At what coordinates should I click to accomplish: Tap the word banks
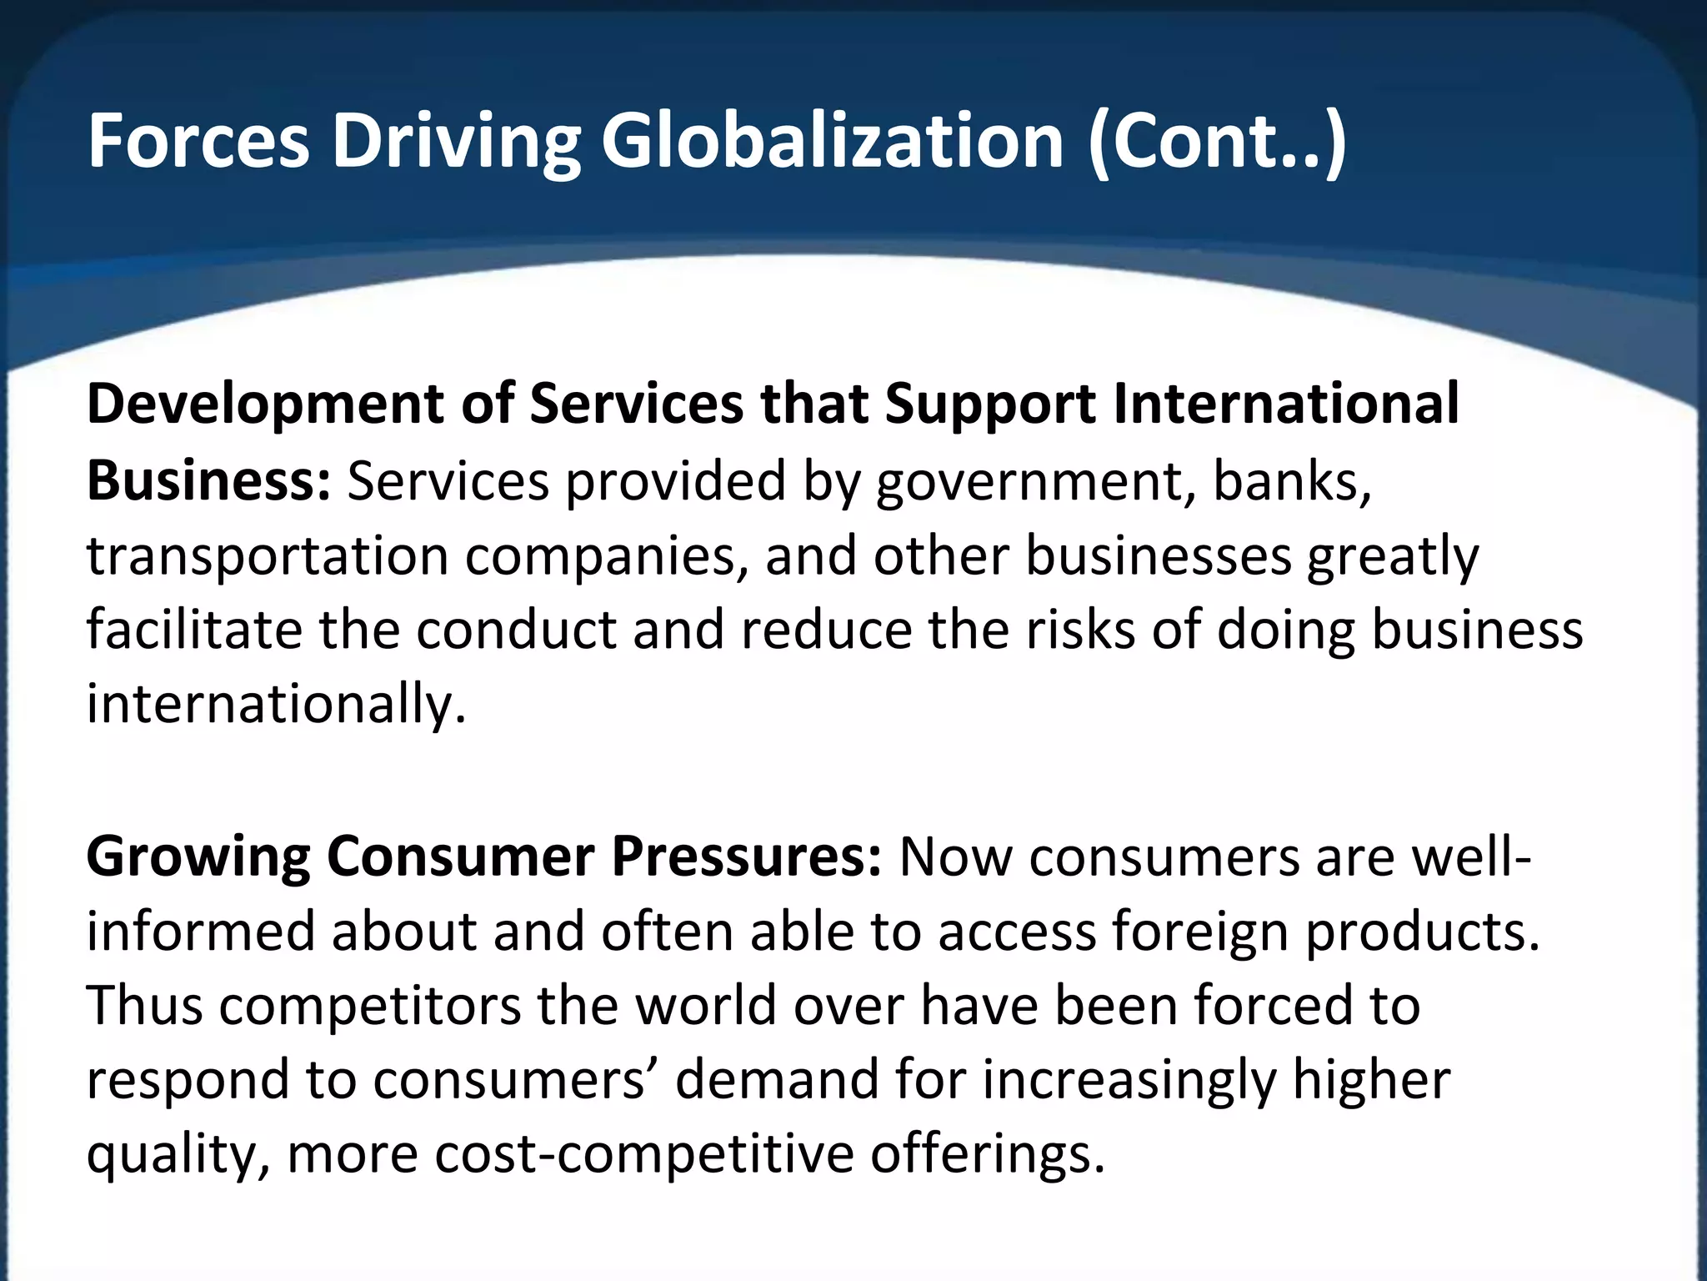coord(1291,481)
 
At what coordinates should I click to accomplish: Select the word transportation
coord(268,556)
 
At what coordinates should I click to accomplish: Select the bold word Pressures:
coord(746,857)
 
